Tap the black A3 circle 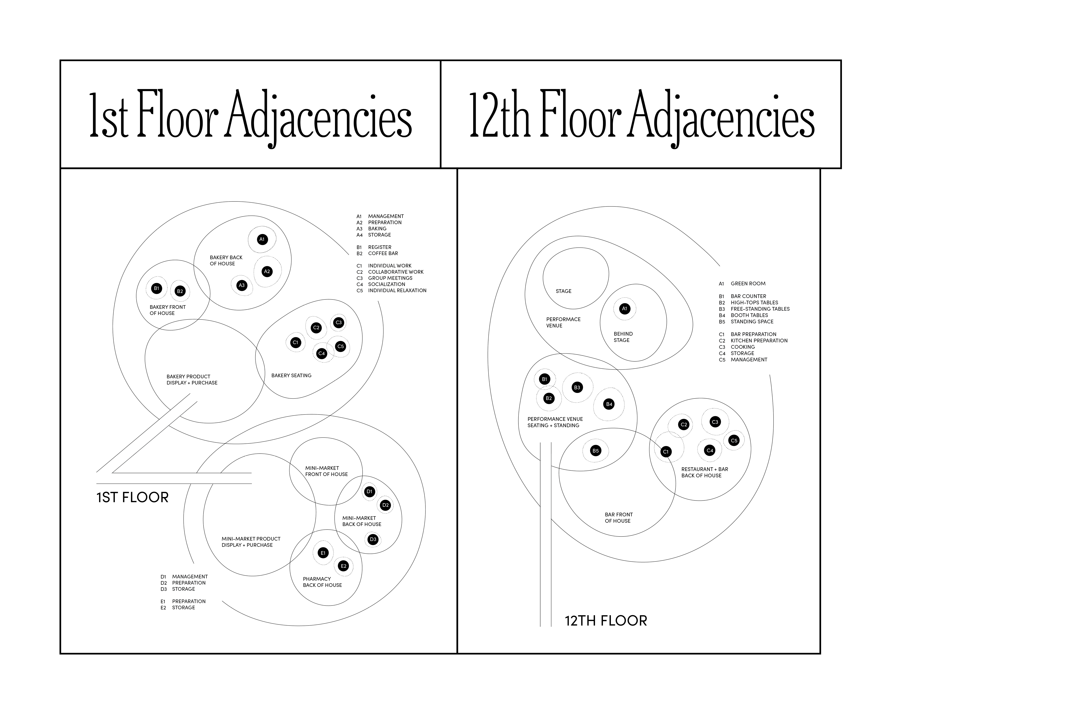coord(242,286)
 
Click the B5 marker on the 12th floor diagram coord(596,451)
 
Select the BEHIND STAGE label coord(623,337)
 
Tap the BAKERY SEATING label coord(291,376)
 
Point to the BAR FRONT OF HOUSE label coord(618,518)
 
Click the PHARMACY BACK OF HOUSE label coord(322,582)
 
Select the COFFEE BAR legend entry coord(383,254)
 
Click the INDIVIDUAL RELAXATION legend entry coord(397,291)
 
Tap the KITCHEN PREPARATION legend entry coord(759,341)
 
